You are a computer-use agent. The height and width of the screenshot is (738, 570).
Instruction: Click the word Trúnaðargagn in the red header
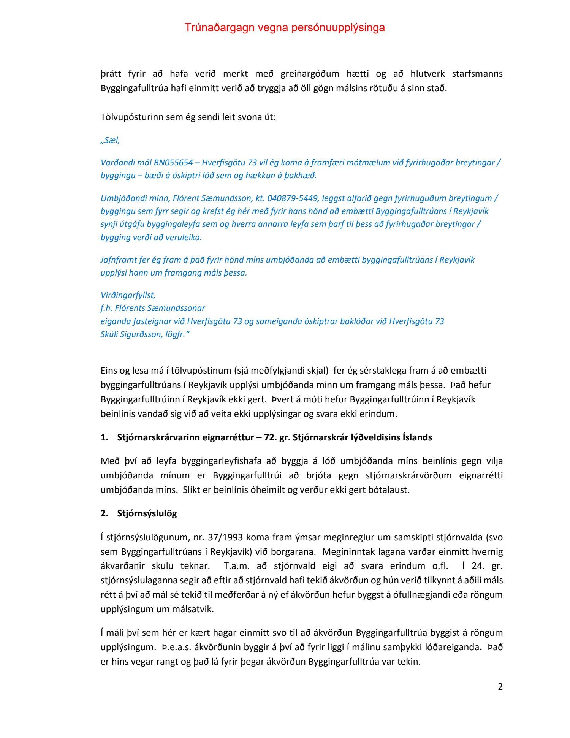[219, 27]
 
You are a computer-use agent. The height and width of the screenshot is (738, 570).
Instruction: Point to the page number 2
[500, 686]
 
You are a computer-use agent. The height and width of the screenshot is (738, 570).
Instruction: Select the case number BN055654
[173, 163]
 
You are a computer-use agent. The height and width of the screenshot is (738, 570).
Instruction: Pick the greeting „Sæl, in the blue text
[110, 140]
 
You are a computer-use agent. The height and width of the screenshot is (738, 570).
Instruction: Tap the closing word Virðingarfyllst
[128, 295]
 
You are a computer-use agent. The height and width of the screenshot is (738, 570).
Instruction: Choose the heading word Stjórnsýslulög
[147, 513]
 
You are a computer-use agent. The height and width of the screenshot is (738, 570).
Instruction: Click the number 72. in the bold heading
[270, 437]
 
